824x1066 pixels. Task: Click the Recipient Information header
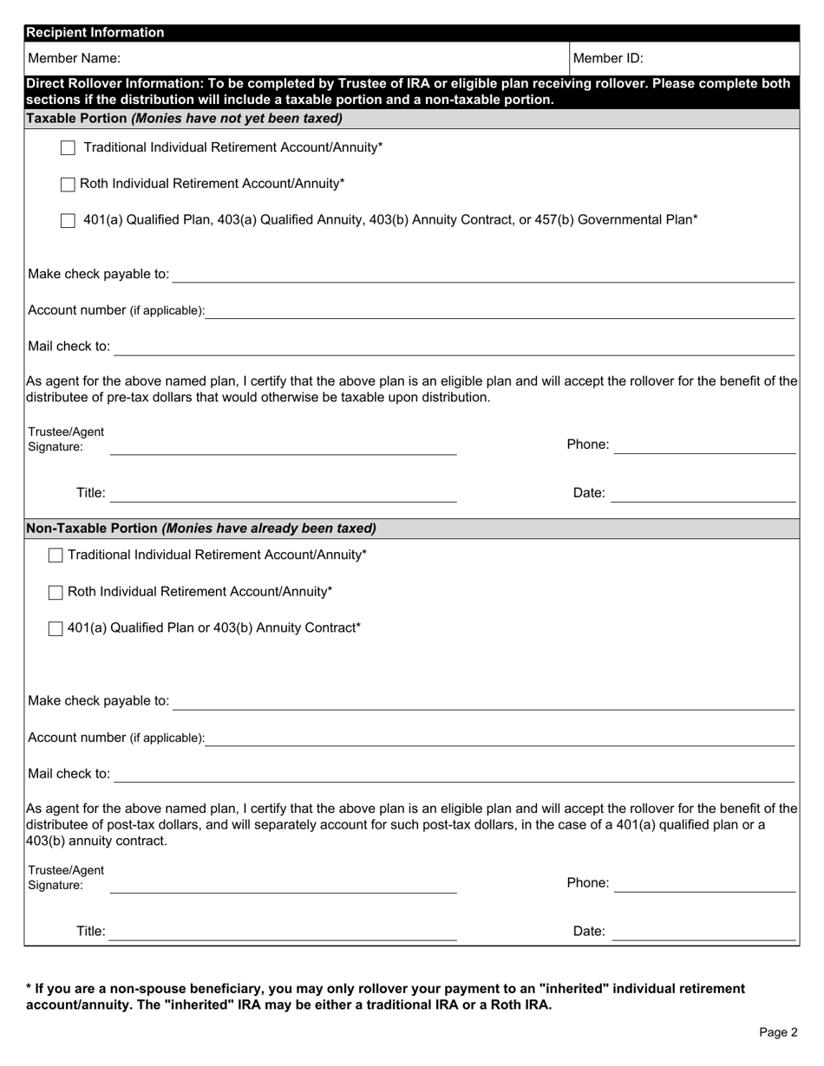tap(95, 33)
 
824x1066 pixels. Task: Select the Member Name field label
tap(75, 59)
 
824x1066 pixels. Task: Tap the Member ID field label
tap(608, 59)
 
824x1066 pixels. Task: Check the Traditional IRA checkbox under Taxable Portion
tap(68, 148)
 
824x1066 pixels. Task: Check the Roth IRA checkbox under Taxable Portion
tap(68, 185)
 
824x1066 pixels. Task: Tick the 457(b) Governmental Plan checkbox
tap(68, 221)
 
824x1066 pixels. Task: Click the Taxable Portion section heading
tap(184, 118)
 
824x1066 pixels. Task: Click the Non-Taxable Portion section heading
tap(201, 528)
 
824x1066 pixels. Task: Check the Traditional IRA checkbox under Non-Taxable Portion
tap(56, 556)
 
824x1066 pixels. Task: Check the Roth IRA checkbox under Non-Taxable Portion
tap(56, 593)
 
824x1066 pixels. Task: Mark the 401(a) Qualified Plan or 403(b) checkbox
tap(56, 629)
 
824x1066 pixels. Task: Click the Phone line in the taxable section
tap(705, 448)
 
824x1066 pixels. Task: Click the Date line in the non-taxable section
tap(703, 934)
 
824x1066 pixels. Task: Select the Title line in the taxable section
tap(284, 497)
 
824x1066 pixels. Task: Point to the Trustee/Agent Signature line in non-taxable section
tap(284, 887)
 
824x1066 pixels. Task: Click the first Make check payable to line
tap(483, 277)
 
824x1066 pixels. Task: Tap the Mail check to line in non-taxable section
tap(454, 777)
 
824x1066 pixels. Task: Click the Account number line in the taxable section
tap(500, 314)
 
